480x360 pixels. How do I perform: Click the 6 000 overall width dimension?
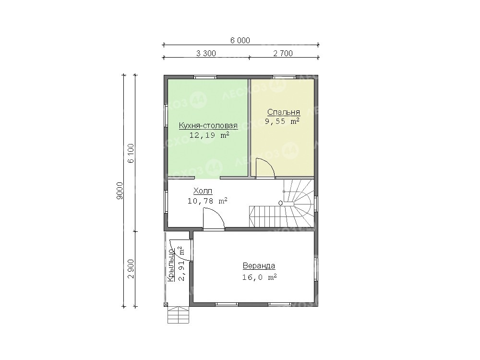click(x=240, y=40)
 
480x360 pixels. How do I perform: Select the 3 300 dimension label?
click(x=206, y=53)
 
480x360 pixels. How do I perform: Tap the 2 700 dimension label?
click(x=283, y=53)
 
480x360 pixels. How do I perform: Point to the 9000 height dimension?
click(x=120, y=191)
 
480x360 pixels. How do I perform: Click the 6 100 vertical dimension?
click(x=131, y=153)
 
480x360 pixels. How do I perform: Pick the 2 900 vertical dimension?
click(x=131, y=269)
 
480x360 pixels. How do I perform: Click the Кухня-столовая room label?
click(x=208, y=125)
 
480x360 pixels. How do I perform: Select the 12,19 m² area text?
click(x=209, y=135)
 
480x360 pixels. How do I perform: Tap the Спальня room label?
click(x=284, y=112)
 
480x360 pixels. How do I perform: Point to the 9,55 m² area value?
click(x=282, y=121)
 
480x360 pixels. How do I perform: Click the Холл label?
click(x=203, y=191)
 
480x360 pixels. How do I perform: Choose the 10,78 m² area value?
click(x=207, y=201)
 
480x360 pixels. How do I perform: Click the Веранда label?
click(x=259, y=266)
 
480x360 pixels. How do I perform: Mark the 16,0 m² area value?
click(x=260, y=277)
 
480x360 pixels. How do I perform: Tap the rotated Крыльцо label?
click(x=171, y=266)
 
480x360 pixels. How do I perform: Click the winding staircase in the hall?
click(x=282, y=203)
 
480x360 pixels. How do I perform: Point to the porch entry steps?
click(x=178, y=315)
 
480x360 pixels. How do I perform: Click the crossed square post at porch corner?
click(x=166, y=305)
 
